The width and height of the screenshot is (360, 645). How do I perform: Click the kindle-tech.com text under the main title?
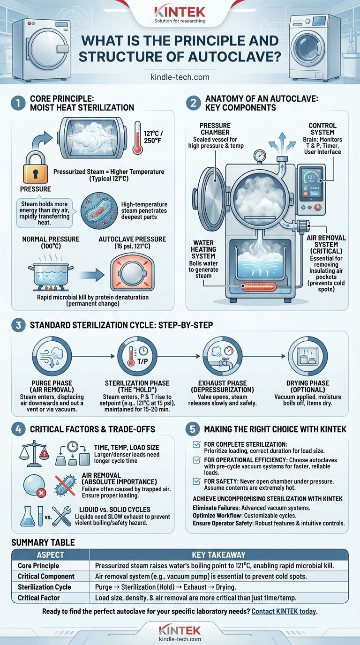[180, 76]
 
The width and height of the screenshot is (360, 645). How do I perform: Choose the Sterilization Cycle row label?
[45, 587]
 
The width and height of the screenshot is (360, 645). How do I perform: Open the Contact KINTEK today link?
[285, 611]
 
